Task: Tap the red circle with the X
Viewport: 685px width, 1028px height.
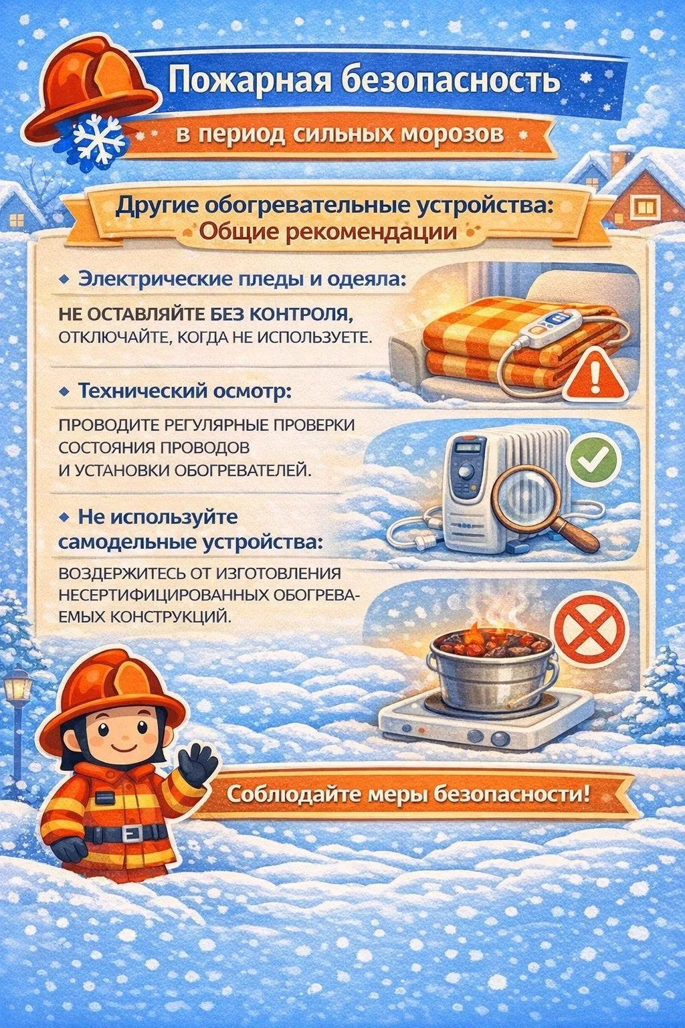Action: [x=589, y=631]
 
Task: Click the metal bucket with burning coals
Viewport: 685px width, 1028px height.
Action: [x=491, y=669]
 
